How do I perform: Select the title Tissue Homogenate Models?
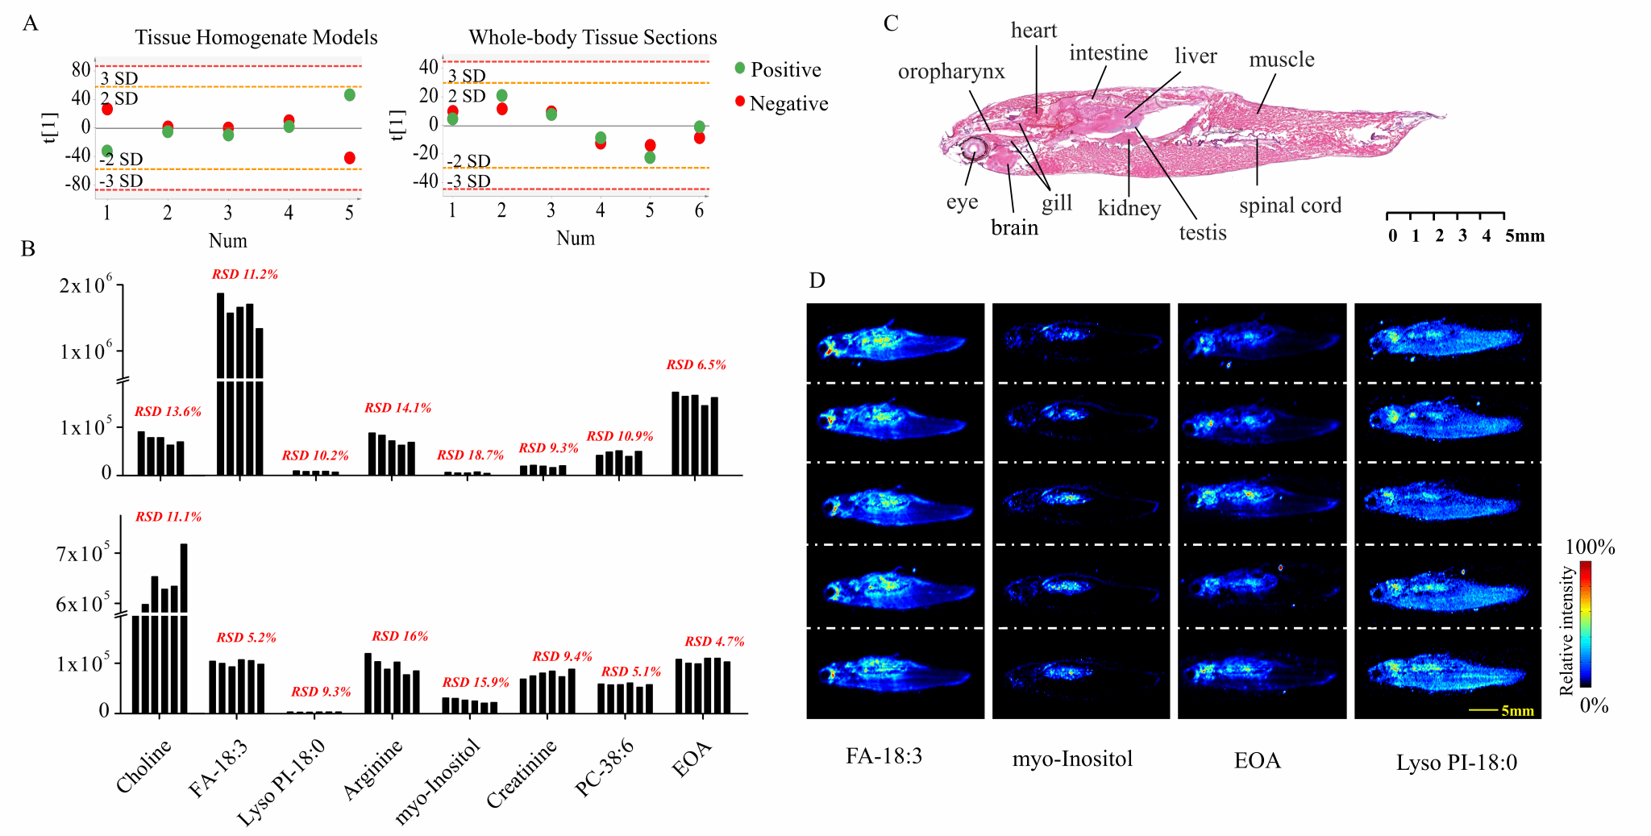point(256,37)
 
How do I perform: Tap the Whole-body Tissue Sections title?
point(593,37)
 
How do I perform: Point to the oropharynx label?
point(951,72)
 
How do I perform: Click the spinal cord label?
point(1290,206)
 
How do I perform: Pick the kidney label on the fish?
point(1129,208)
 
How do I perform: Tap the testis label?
point(1202,233)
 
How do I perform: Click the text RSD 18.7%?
point(470,455)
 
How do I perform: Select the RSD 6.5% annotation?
point(696,365)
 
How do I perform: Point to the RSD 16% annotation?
point(400,636)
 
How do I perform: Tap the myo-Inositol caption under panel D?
point(1072,759)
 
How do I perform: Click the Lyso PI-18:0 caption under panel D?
point(1456,763)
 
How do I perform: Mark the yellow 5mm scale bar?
point(1483,710)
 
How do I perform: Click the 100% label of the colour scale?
point(1590,547)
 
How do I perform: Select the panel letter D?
point(817,281)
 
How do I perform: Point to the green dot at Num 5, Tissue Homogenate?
point(350,95)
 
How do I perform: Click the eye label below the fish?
point(962,202)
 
